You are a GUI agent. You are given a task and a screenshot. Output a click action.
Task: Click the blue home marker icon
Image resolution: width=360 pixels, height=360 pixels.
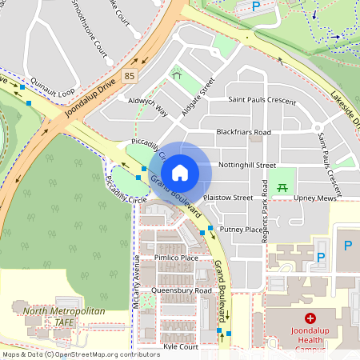(180, 172)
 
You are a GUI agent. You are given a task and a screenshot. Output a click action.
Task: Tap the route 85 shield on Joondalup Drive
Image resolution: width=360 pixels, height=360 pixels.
(130, 76)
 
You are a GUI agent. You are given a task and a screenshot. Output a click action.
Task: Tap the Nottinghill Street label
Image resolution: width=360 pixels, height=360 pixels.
(248, 165)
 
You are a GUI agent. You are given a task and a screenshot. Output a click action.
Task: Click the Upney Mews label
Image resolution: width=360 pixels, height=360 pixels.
(315, 197)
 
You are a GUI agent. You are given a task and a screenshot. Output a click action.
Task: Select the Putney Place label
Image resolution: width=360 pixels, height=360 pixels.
(241, 229)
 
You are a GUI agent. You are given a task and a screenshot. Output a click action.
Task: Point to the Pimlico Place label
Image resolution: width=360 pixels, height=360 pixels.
(177, 258)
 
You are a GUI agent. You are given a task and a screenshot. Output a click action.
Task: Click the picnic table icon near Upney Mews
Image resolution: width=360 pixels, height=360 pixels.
(282, 187)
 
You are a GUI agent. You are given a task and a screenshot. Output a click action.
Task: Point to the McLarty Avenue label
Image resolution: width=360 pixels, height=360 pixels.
(137, 282)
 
